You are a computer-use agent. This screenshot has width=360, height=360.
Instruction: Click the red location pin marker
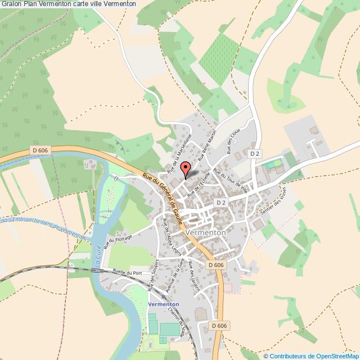click(x=186, y=169)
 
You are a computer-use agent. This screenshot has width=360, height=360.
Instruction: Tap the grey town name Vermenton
click(x=207, y=233)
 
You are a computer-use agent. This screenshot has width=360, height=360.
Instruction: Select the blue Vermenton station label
click(x=163, y=305)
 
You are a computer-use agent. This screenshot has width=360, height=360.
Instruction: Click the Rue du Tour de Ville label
click(x=233, y=179)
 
